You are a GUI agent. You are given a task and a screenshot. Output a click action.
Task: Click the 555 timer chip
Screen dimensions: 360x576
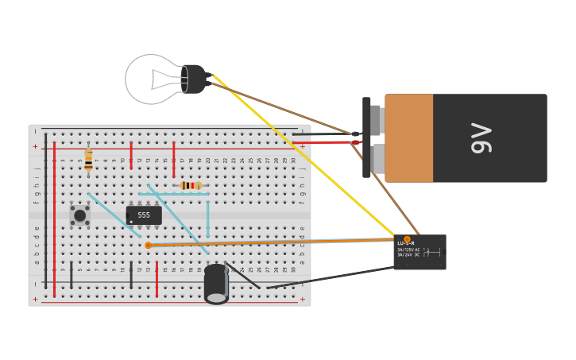click(x=144, y=215)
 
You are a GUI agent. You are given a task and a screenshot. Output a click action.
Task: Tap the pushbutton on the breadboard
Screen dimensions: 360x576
click(x=79, y=215)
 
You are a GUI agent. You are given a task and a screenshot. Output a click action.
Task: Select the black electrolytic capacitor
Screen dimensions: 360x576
click(x=216, y=285)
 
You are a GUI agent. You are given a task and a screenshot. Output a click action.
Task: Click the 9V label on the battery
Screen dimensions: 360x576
click(x=481, y=138)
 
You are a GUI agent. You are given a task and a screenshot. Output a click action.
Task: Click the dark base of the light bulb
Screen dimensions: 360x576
click(x=193, y=79)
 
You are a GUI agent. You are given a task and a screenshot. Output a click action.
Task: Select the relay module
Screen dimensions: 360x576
click(x=419, y=252)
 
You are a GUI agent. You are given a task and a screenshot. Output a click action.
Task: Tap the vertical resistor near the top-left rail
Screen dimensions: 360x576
click(x=88, y=160)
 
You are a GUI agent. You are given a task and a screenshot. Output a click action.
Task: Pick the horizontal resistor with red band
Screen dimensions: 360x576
click(x=191, y=186)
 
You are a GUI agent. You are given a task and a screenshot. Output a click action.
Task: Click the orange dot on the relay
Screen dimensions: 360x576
click(x=407, y=239)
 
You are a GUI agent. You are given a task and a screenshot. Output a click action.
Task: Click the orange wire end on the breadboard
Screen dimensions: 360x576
click(x=148, y=246)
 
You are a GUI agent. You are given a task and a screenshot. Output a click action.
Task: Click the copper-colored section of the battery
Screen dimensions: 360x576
click(x=409, y=138)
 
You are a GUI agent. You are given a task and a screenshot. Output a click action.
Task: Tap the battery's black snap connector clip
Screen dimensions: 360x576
click(x=366, y=137)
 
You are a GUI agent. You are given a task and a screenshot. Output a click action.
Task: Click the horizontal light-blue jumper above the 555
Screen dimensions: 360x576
click(x=174, y=194)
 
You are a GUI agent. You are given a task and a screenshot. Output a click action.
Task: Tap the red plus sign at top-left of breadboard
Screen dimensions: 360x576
click(x=35, y=147)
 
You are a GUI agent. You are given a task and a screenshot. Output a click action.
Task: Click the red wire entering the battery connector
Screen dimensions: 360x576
click(x=326, y=142)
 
